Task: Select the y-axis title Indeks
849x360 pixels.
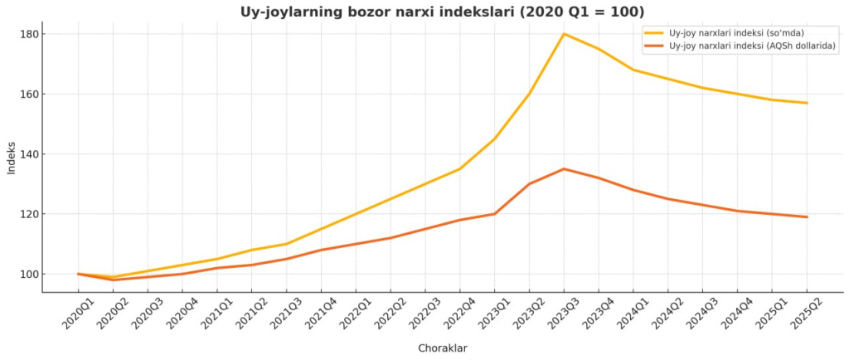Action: [x=12, y=158]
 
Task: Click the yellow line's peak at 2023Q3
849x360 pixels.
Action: [x=564, y=34]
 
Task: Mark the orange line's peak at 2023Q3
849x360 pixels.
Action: [x=564, y=169]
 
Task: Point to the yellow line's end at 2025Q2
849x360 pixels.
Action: [x=807, y=103]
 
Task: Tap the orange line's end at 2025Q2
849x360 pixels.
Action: [x=807, y=217]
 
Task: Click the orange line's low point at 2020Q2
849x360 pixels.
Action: [x=113, y=280]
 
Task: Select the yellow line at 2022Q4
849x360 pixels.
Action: [x=460, y=169]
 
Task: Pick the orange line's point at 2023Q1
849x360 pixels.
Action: [x=495, y=214]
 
